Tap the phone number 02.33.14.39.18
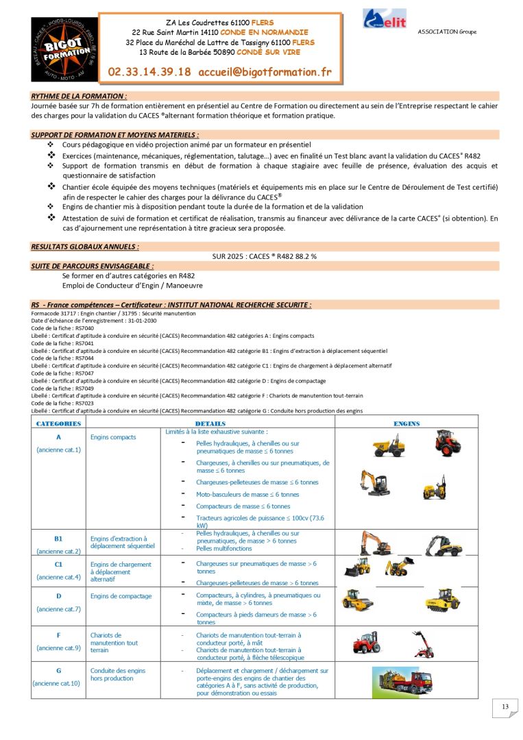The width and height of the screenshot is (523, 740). pyautogui.click(x=149, y=72)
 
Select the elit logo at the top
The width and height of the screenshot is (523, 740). pyautogui.click(x=385, y=19)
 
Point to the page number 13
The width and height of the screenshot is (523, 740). pyautogui.click(x=505, y=707)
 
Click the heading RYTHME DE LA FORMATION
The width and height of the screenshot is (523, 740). pyautogui.click(x=79, y=96)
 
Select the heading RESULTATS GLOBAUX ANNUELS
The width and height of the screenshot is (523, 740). pyautogui.click(x=85, y=246)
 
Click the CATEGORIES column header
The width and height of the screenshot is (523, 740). pyautogui.click(x=58, y=423)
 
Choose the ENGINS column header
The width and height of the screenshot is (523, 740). pyautogui.click(x=406, y=423)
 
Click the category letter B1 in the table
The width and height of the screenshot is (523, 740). pyautogui.click(x=58, y=539)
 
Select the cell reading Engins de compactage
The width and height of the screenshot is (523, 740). pyautogui.click(x=121, y=596)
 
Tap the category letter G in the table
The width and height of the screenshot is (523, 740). pyautogui.click(x=58, y=671)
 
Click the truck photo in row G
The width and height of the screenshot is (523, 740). pyautogui.click(x=404, y=680)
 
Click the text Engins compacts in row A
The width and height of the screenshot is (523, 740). pyautogui.click(x=113, y=437)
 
